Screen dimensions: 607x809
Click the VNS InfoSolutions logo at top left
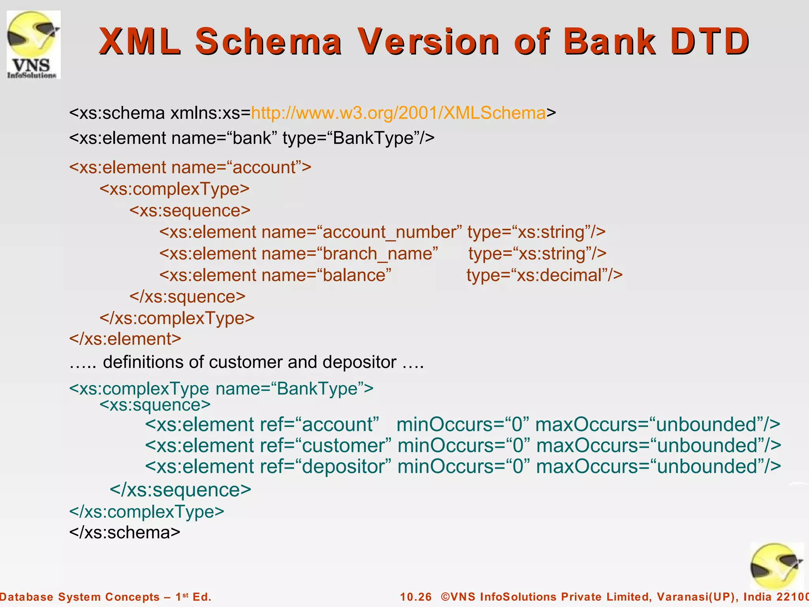point(34,45)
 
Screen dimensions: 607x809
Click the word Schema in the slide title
point(268,41)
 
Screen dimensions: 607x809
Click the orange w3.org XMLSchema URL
point(398,113)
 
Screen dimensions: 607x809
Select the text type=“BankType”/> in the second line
point(358,138)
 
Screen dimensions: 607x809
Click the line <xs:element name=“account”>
point(190,167)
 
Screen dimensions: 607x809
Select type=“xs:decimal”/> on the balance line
point(544,275)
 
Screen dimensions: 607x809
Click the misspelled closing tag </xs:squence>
point(187,296)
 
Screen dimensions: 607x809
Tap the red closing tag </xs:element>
point(125,339)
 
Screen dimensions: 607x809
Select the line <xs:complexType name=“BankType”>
point(221,388)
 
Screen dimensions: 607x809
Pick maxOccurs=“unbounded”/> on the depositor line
point(658,466)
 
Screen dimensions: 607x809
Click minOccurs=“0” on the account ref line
point(463,424)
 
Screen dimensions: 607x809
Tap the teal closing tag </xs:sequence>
point(180,490)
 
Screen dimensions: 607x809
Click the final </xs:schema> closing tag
point(124,532)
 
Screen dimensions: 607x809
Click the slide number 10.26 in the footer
point(416,597)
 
